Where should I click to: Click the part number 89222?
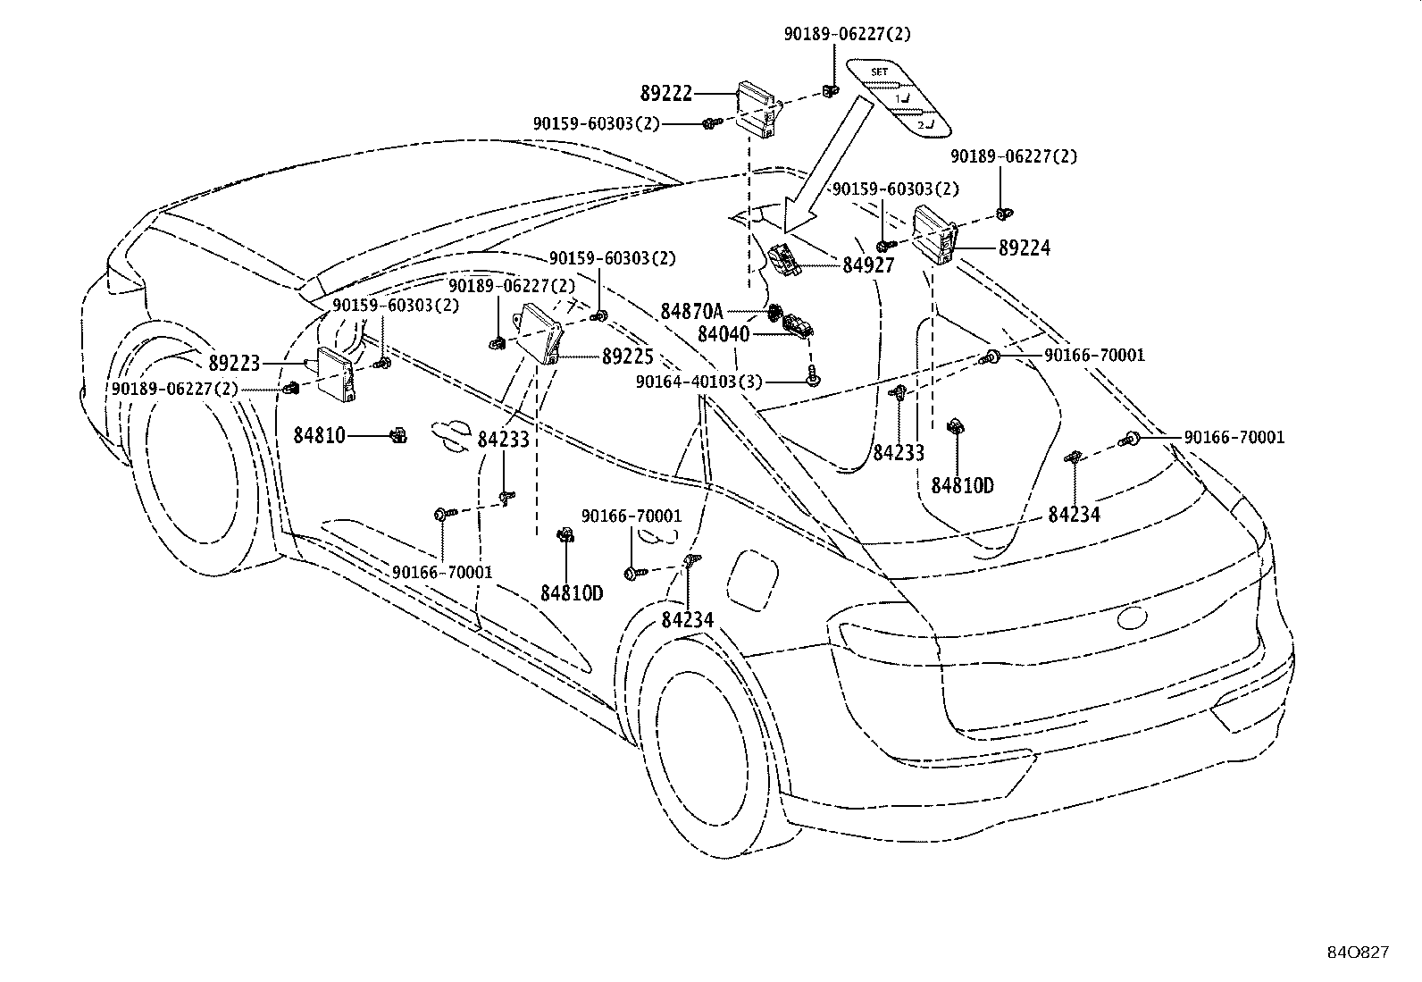666,94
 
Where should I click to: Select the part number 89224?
1025,248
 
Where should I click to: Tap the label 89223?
234,364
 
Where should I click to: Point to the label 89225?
628,357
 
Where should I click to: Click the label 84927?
868,265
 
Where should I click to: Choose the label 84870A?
692,311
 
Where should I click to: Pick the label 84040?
724,334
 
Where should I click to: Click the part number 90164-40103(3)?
698,382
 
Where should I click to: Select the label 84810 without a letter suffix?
319,436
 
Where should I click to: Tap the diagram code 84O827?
1358,953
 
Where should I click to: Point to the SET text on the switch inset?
879,71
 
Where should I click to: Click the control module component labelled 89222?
756,109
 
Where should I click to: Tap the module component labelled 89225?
539,334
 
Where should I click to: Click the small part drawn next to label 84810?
398,436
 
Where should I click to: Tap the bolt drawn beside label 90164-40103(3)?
812,376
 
